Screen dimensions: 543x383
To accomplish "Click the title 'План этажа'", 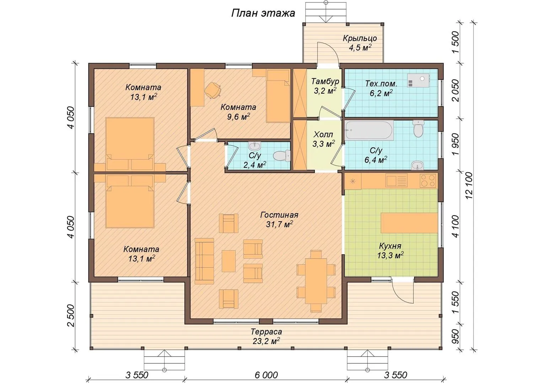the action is (263, 13).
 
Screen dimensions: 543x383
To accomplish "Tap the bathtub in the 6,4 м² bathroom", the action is (369, 130).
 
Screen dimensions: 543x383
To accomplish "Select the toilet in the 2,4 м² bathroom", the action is (281, 156).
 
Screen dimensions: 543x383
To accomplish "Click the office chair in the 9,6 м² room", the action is (213, 90).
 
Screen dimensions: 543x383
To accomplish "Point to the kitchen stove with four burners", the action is (428, 181).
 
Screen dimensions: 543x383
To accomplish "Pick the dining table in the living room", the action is (316, 281).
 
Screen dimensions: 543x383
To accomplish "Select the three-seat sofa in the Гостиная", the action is (204, 261).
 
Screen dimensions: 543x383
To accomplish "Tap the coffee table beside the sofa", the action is (229, 261).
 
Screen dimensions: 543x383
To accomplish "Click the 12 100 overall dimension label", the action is (469, 185).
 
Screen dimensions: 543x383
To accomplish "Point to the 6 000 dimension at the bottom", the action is (266, 375).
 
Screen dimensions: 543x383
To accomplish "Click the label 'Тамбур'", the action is (325, 81).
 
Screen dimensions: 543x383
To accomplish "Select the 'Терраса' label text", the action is (266, 332).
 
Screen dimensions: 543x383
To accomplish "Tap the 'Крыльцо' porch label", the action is (360, 38).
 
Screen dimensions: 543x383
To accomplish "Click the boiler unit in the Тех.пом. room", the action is (418, 81).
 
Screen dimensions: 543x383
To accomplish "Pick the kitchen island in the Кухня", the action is (409, 223).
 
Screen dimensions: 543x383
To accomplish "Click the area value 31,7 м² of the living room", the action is (279, 224).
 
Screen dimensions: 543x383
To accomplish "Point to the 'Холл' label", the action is (323, 134).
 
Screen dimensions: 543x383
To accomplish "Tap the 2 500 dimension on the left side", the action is (71, 316).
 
